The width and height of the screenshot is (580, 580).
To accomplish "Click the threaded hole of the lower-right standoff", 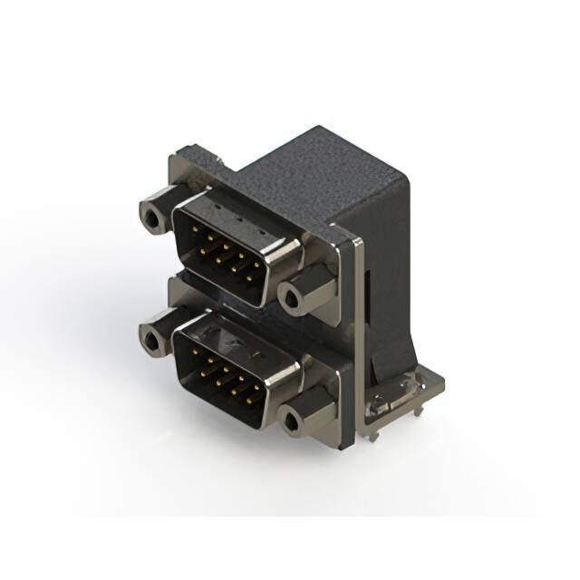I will [292, 421].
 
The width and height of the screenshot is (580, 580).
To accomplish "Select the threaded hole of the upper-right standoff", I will [291, 295].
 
